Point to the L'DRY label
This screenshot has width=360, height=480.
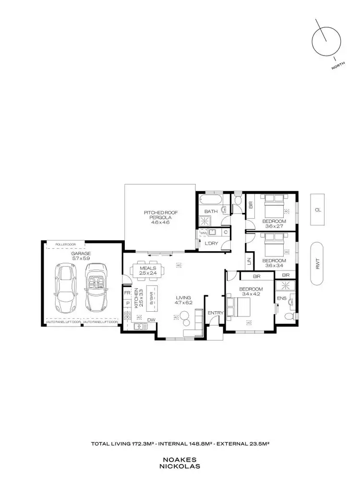(212, 244)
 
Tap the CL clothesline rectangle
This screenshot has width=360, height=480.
(317, 210)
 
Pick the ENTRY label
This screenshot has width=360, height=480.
(216, 313)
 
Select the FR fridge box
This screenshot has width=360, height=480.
(127, 293)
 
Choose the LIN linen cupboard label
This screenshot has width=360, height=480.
(249, 261)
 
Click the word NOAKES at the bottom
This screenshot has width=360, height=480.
(180, 459)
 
